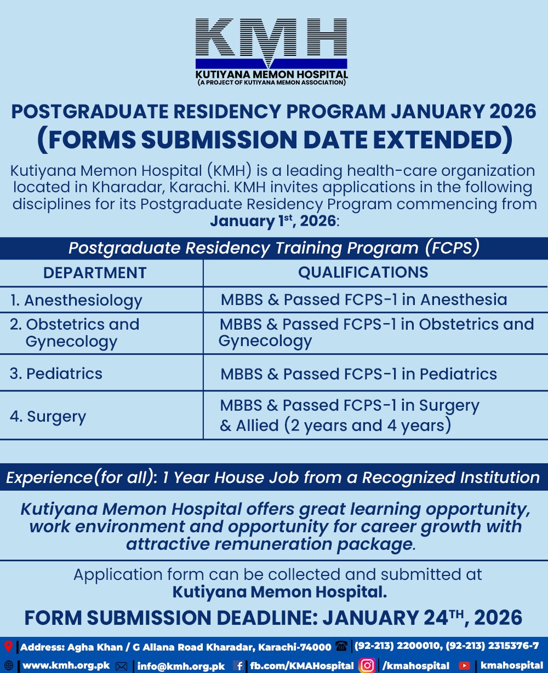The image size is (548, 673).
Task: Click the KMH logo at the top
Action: pyautogui.click(x=272, y=51)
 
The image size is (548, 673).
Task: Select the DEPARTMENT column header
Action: pyautogui.click(x=95, y=273)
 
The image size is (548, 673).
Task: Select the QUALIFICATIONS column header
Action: pyautogui.click(x=363, y=272)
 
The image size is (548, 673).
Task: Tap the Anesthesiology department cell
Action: pyautogui.click(x=76, y=300)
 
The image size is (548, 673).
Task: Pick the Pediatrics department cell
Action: pyautogui.click(x=56, y=373)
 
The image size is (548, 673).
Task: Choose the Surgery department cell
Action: pyautogui.click(x=48, y=416)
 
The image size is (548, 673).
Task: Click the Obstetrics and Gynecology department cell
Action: pyautogui.click(x=75, y=333)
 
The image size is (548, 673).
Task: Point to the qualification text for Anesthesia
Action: pyautogui.click(x=364, y=300)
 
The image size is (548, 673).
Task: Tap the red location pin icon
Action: pyautogui.click(x=8, y=647)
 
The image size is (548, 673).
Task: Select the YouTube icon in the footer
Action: pyautogui.click(x=464, y=666)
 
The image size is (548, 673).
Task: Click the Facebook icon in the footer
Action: pyautogui.click(x=238, y=666)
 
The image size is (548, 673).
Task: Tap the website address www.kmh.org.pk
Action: pyautogui.click(x=66, y=666)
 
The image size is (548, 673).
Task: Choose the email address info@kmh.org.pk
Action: pyautogui.click(x=181, y=666)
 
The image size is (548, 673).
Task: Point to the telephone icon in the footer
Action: pyautogui.click(x=341, y=647)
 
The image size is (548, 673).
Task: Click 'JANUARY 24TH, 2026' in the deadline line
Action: pyautogui.click(x=422, y=618)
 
